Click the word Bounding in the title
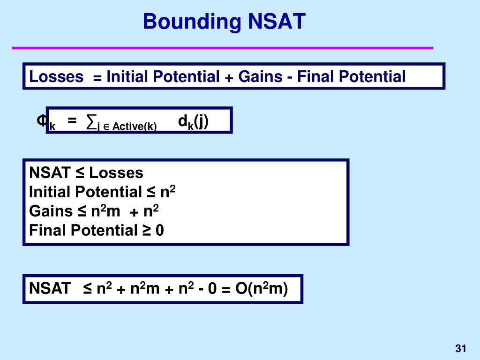tap(192, 22)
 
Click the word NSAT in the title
tap(277, 22)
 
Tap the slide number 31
tap(461, 348)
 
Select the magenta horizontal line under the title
tap(223, 48)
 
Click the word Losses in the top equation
tap(56, 76)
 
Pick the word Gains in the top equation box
tap(260, 76)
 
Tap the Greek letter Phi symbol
tap(42, 120)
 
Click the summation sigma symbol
tap(91, 121)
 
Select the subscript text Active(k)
tap(135, 127)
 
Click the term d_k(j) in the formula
tap(193, 122)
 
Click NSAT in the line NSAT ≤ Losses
tap(50, 172)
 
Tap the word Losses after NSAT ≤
tap(116, 173)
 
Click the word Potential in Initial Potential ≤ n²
tap(109, 192)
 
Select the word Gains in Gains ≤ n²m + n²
tap(51, 211)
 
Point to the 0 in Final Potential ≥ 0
tap(160, 231)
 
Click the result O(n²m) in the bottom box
tap(262, 289)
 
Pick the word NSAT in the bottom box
tap(50, 288)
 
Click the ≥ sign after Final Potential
tap(147, 231)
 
